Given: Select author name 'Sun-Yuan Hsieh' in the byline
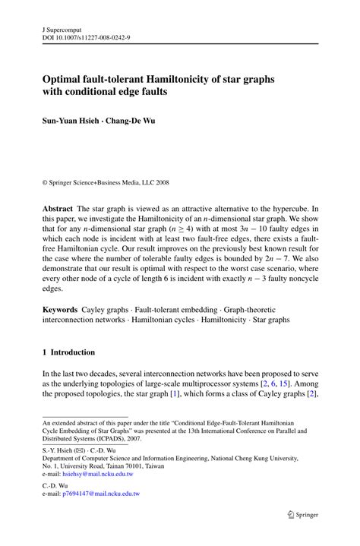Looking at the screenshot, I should click(71, 121).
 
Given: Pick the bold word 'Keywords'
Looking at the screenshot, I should click(60, 309).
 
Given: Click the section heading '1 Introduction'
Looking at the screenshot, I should click(68, 352).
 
